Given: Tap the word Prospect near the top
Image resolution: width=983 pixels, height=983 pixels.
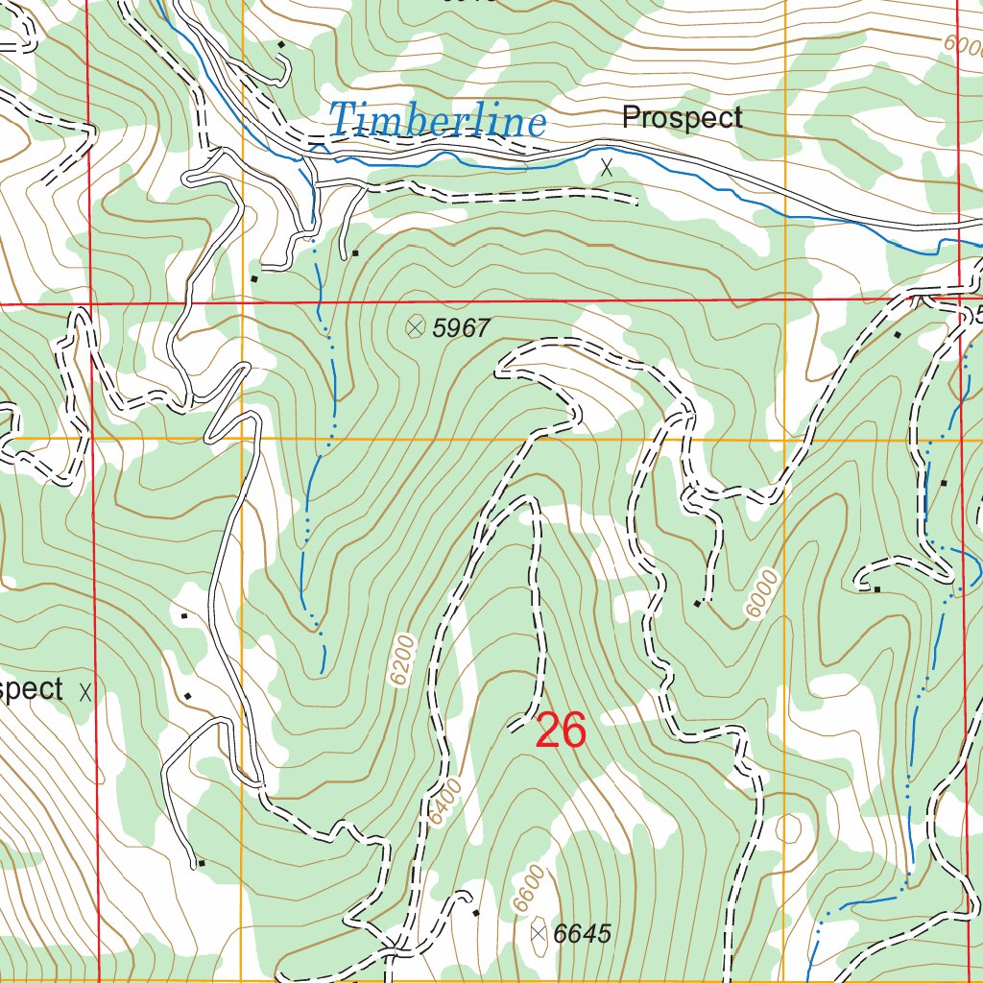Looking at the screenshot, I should coord(682,118).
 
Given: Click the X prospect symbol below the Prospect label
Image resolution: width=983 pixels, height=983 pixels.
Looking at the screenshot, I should coord(606,167).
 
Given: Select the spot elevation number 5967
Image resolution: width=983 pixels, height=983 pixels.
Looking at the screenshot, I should coord(462,328).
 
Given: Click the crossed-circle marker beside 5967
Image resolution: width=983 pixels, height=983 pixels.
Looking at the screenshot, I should coord(415,327).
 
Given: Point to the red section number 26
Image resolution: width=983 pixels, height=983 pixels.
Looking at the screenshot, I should coord(561,731).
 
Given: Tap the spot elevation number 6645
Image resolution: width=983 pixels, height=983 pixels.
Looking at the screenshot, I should coord(583,934).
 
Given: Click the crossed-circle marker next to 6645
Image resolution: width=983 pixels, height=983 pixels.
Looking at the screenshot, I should coord(539,932).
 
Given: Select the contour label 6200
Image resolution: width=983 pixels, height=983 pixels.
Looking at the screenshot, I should coord(404,660).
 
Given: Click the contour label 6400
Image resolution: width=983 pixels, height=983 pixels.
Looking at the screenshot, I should coord(446,803).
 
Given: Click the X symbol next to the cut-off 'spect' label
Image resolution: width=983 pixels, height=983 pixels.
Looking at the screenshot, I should coord(86,690).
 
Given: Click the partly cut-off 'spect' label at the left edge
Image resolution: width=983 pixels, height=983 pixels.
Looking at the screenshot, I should coord(32,689).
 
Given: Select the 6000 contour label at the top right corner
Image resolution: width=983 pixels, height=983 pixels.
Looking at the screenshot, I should coord(963,45).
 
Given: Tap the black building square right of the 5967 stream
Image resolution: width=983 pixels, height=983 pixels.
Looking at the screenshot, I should coord(355,253).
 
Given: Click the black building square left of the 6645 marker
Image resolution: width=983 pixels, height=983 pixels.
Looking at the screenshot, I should coord(476,913).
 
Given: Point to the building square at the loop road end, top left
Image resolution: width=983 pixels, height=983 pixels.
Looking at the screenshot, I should coord(280,45).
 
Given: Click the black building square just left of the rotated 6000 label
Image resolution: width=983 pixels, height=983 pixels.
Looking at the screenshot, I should coord(698,604).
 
